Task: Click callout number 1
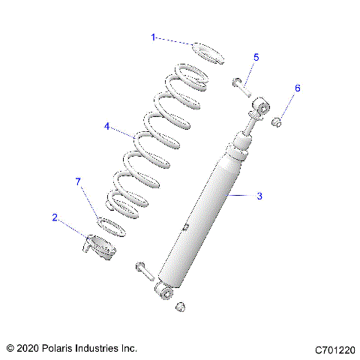(x=153, y=37)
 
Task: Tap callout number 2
(x=55, y=217)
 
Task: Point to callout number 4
(x=107, y=126)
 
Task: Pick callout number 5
(x=256, y=57)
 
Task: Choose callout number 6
(x=296, y=88)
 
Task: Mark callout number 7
(x=76, y=181)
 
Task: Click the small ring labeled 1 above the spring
(x=208, y=54)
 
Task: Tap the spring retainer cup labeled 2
(x=98, y=247)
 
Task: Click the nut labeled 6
(x=277, y=121)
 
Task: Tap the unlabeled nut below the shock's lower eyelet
(x=180, y=306)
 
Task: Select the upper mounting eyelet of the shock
(x=261, y=109)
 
